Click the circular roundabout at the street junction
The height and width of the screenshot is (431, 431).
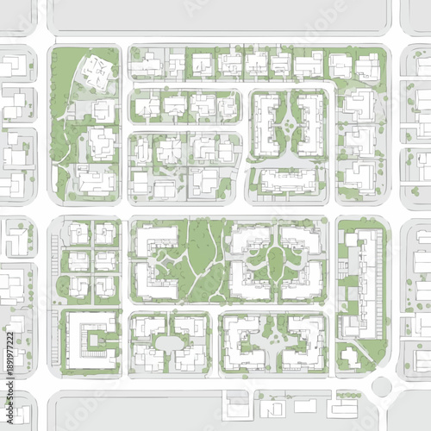click(382, 385)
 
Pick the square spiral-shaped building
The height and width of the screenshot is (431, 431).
click(91, 341)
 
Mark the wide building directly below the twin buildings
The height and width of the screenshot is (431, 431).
click(287, 179)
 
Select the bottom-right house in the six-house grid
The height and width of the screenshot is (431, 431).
click(105, 285)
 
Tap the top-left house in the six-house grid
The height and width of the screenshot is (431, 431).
click(79, 233)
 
